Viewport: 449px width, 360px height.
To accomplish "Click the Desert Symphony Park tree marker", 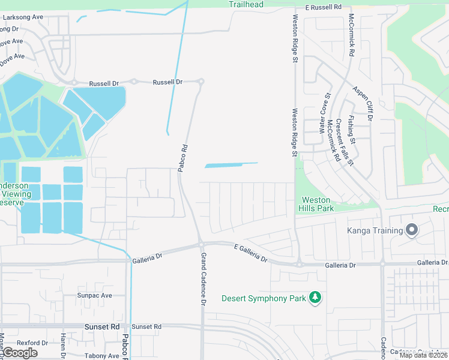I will tap(315, 298).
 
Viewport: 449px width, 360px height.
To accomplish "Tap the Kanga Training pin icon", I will tap(412, 230).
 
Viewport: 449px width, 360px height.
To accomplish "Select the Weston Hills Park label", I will tap(316, 204).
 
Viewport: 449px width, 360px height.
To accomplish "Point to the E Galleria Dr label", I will tap(250, 252).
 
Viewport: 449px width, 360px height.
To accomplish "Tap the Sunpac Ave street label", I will tap(94, 296).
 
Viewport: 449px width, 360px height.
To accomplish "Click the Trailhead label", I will tap(246, 4).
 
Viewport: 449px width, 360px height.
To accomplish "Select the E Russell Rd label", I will tap(323, 7).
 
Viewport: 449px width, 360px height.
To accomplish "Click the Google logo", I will tap(20, 353).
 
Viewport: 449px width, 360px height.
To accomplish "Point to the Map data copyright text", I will tap(423, 355).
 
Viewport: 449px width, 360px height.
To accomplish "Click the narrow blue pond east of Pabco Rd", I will tap(231, 165).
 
